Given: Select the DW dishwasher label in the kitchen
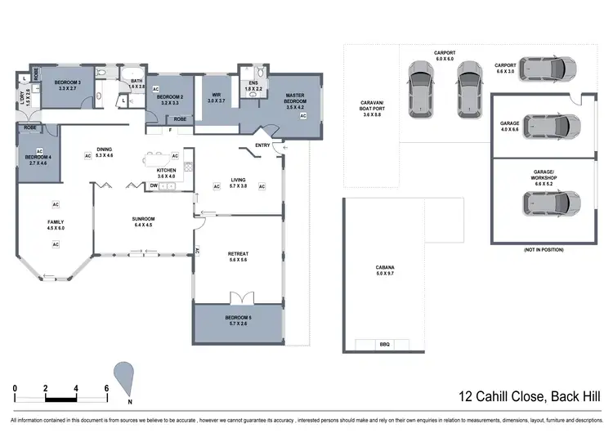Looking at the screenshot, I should tap(154, 186).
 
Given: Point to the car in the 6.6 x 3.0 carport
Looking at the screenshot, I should tap(553, 69).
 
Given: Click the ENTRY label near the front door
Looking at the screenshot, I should tap(262, 145).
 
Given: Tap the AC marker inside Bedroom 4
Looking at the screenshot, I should tap(38, 151).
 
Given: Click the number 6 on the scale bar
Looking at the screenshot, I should tap(106, 387).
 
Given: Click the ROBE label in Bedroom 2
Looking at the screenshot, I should tap(179, 119).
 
